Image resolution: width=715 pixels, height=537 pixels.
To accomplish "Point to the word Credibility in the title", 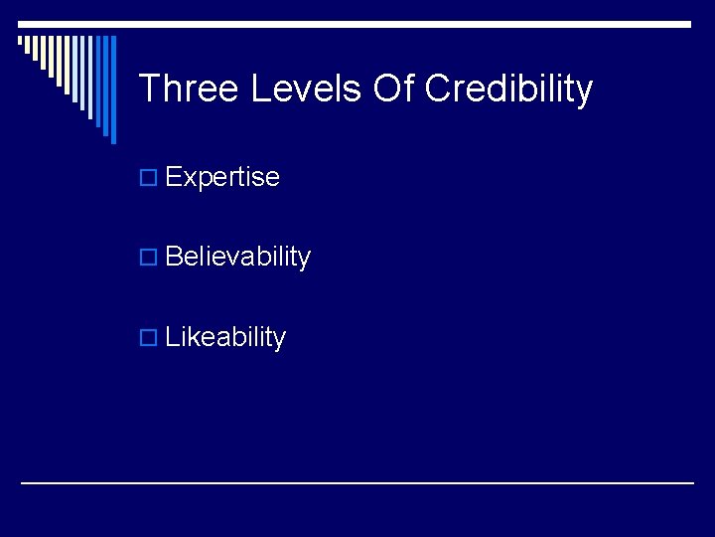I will tap(508, 90).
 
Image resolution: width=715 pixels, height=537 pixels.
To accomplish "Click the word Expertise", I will tap(222, 178).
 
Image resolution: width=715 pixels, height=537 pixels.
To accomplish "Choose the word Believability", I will tap(238, 258).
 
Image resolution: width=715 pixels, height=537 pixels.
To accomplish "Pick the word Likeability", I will tap(225, 338).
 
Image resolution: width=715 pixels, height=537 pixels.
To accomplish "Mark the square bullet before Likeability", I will tap(149, 338).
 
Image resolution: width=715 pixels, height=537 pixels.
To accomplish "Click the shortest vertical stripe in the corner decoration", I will tap(21, 42).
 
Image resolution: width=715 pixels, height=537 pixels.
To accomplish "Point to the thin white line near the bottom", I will tap(357, 483).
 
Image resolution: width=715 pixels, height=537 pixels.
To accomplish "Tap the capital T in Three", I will tap(149, 89).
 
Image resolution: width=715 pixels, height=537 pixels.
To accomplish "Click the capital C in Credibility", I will tap(438, 89).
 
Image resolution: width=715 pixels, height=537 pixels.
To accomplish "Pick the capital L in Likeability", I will tap(172, 337).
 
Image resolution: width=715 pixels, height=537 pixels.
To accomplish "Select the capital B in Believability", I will tap(174, 258).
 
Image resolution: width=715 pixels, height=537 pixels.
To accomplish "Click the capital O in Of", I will tap(385, 89).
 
